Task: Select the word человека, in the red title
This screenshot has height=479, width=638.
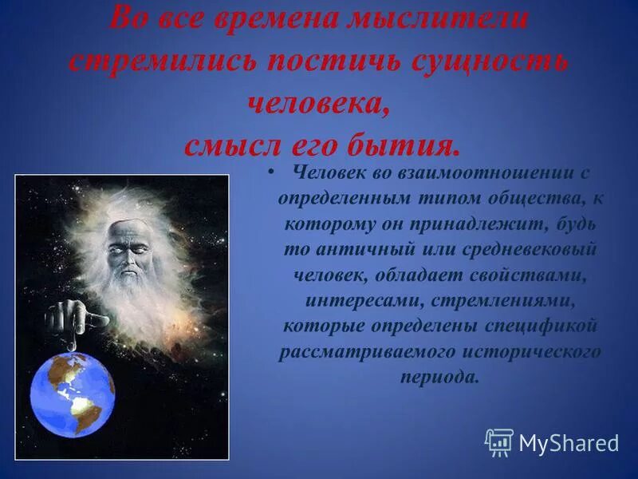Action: (319, 104)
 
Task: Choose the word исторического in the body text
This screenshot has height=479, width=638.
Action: (537, 351)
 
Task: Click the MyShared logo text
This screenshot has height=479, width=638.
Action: (569, 443)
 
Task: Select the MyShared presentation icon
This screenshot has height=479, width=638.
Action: (499, 441)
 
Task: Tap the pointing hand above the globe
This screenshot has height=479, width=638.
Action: (76, 319)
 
